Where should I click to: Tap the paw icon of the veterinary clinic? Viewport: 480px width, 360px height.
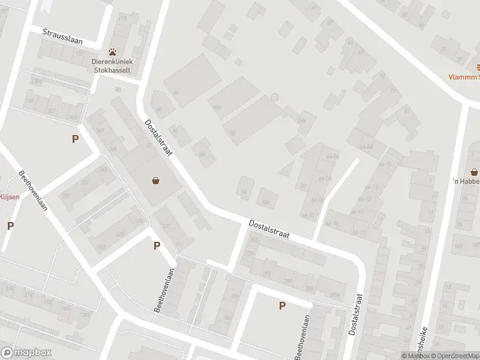click(x=112, y=52)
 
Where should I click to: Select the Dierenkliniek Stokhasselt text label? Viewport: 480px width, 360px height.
click(x=112, y=65)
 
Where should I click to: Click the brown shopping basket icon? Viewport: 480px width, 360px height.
click(x=156, y=179)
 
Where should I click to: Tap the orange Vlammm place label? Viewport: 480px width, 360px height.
click(x=466, y=77)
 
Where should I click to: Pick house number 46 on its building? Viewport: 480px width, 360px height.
click(x=176, y=92)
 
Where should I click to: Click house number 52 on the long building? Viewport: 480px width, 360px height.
click(x=232, y=131)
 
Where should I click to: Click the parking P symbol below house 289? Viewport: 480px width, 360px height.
click(x=282, y=305)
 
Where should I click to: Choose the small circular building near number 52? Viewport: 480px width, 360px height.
click(x=275, y=97)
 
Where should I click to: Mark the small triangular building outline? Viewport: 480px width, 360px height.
click(x=287, y=169)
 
